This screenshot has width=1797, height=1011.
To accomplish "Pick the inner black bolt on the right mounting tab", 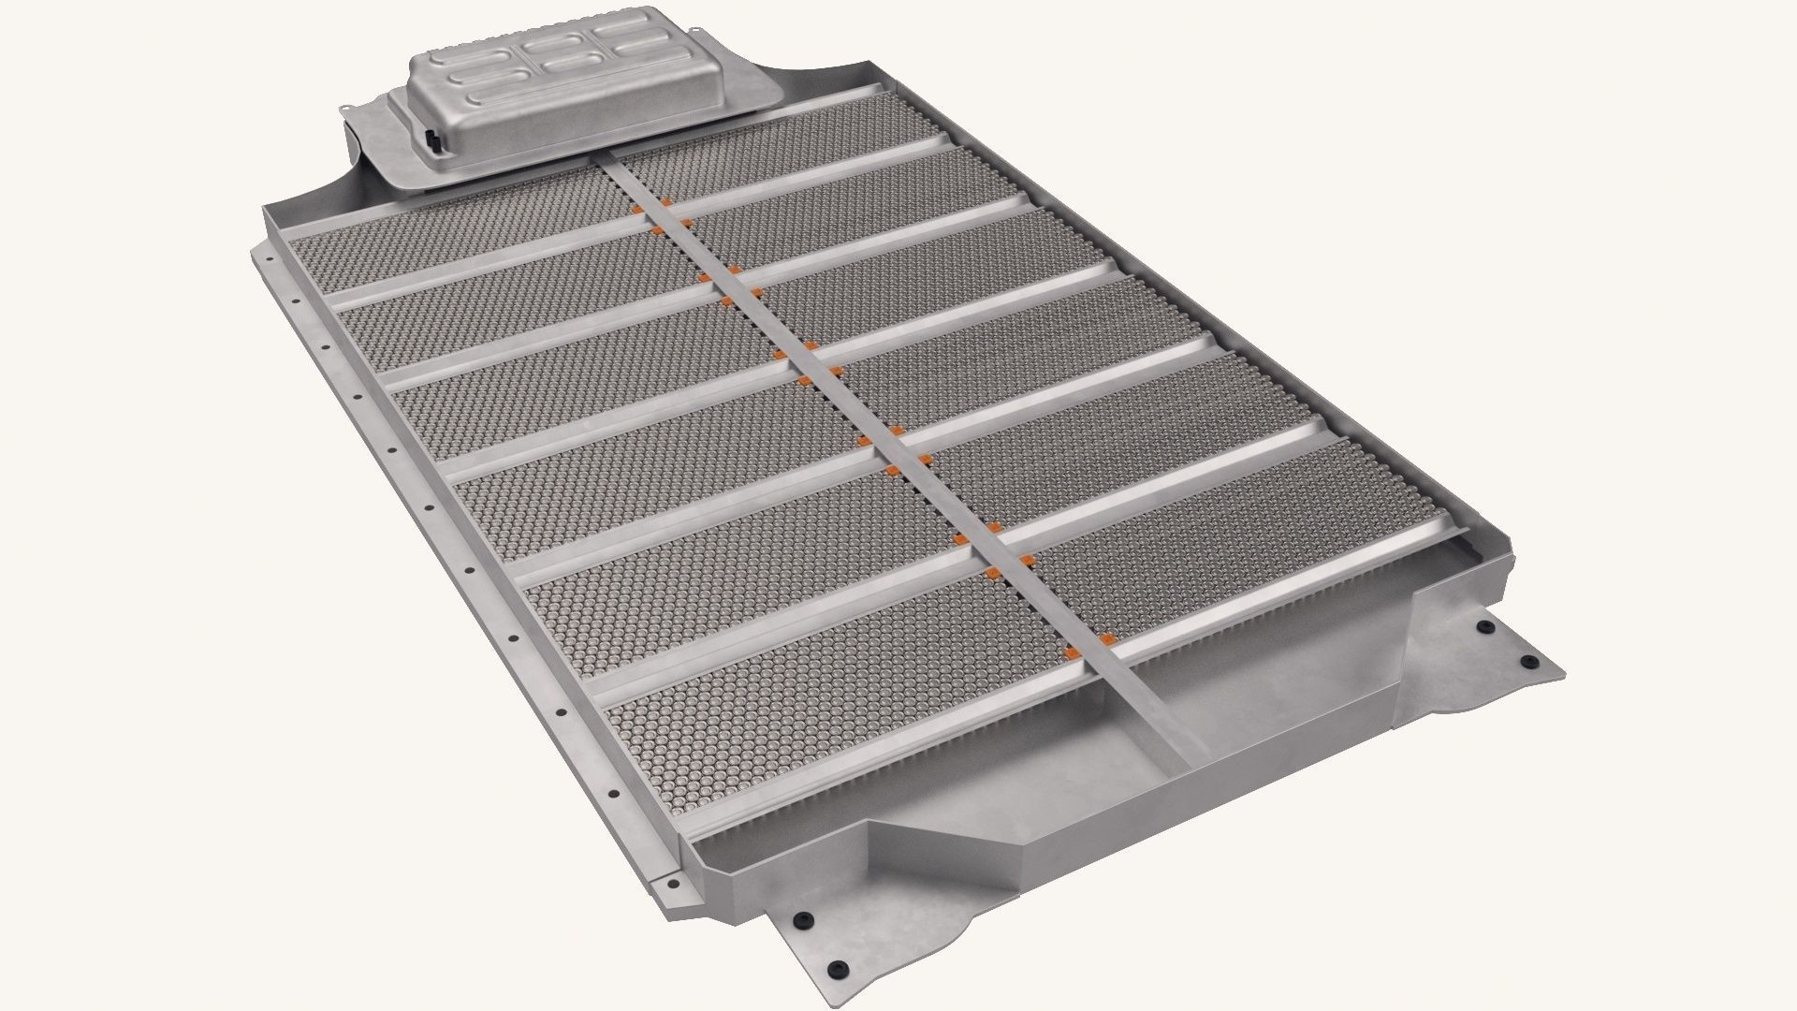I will tap(1482, 625).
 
